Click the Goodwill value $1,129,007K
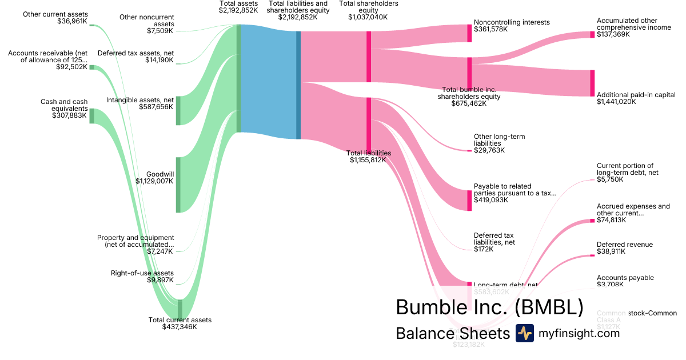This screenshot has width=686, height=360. coord(154,181)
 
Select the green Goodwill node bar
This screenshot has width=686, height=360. coord(178,185)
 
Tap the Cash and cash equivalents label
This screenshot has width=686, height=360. coord(64,105)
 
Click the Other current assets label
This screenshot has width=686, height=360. coord(55,14)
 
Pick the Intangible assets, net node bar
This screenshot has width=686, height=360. coord(178,110)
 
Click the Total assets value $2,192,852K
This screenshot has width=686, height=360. coord(238,10)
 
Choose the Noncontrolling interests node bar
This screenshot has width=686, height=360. coord(469,33)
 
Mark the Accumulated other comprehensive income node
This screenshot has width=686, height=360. coord(592,35)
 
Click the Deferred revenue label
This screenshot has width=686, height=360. coord(624,245)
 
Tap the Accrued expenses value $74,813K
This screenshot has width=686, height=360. coord(611,220)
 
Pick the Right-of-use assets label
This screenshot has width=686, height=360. coord(142,273)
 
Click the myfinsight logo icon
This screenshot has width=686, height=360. coord(524,333)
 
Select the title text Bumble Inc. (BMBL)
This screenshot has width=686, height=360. coord(489,307)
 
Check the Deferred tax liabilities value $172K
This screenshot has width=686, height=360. coord(484,249)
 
